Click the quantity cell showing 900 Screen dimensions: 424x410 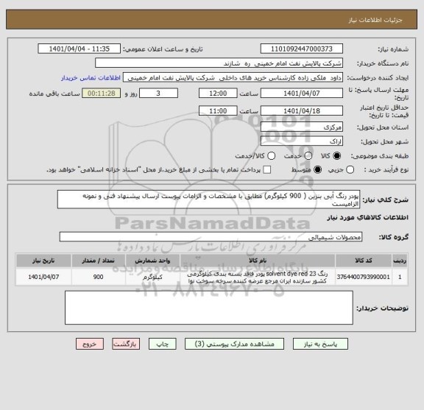[x=98, y=277]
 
